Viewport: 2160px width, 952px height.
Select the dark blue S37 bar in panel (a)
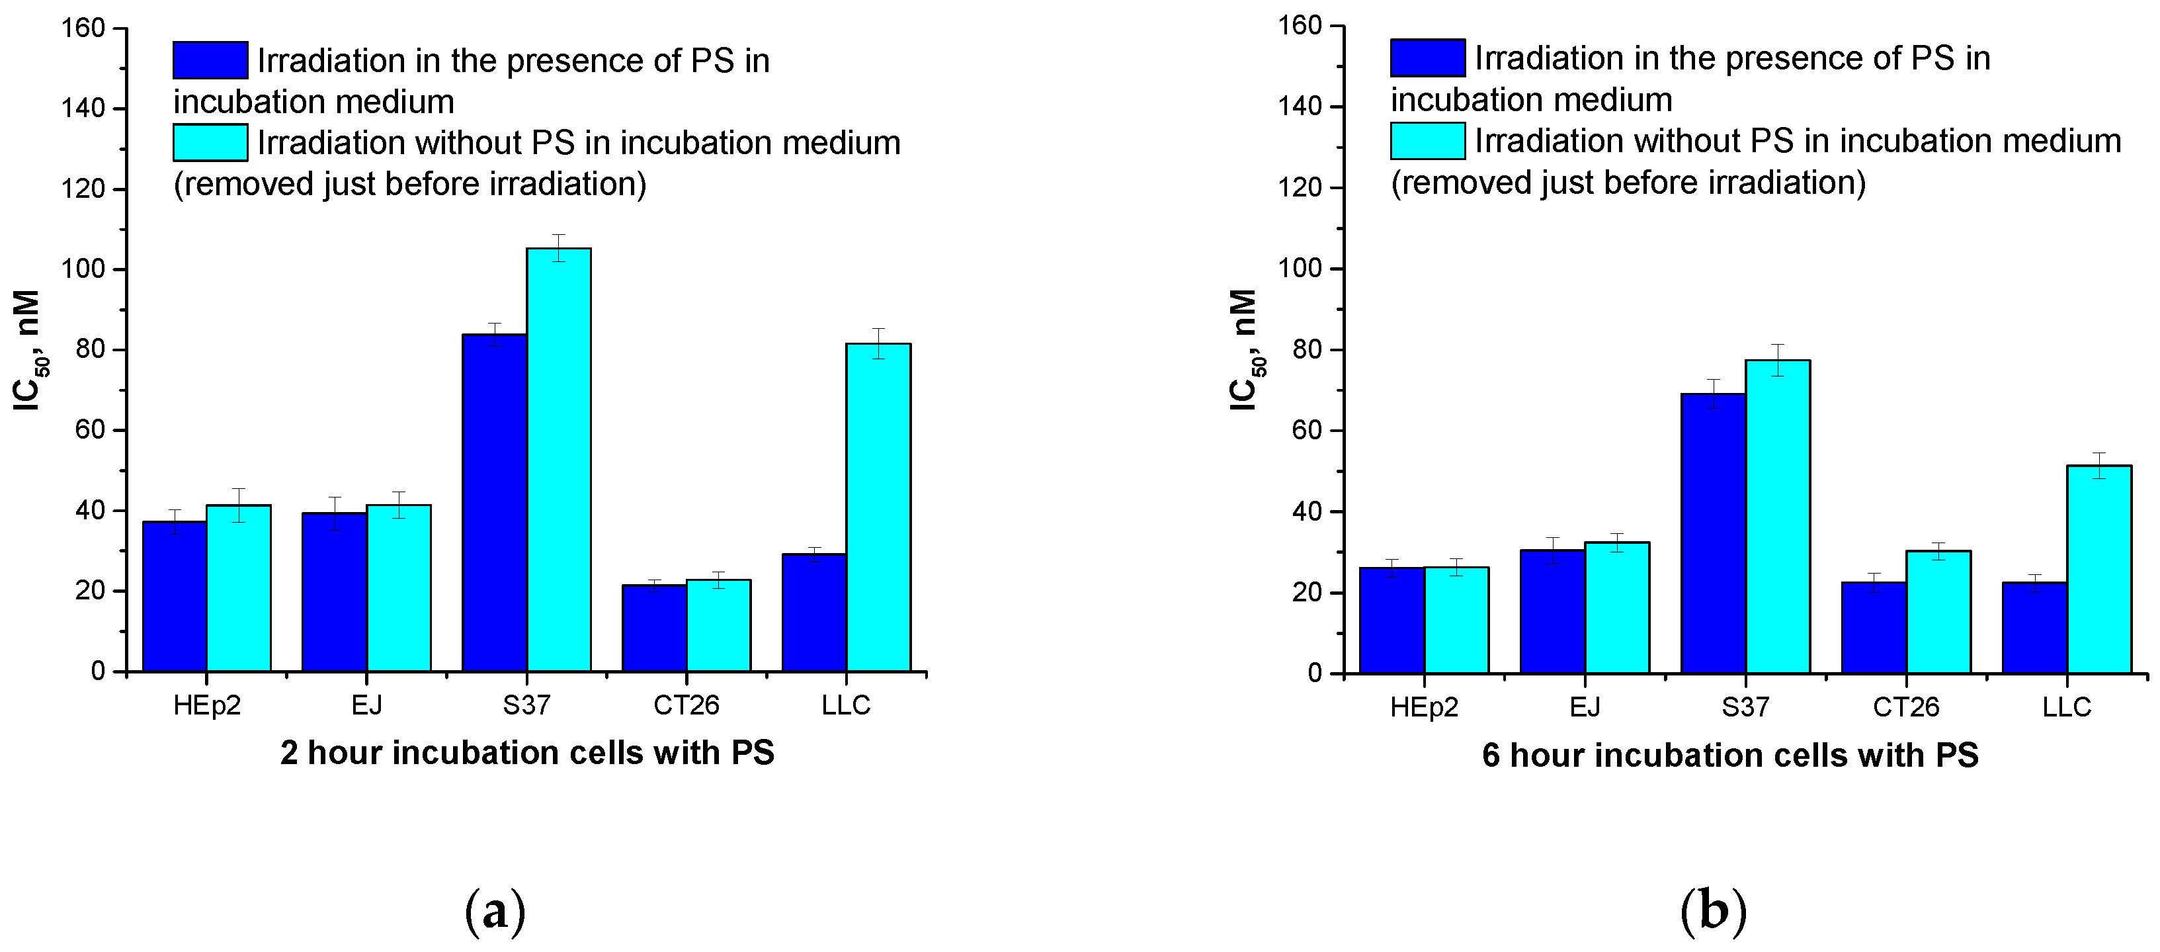(x=494, y=503)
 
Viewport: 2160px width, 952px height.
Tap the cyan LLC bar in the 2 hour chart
(x=878, y=507)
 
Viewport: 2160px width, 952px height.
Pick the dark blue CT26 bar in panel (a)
(x=654, y=628)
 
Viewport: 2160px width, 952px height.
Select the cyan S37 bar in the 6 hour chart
(x=1778, y=517)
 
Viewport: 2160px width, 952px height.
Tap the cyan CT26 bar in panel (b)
(x=1938, y=613)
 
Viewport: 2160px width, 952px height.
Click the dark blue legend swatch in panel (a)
(x=210, y=60)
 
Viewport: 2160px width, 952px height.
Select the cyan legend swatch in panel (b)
(x=1427, y=141)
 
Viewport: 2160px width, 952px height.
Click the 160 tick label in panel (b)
(x=1300, y=26)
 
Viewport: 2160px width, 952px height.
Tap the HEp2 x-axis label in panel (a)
(x=206, y=705)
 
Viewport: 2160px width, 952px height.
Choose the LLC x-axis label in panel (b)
(x=2066, y=707)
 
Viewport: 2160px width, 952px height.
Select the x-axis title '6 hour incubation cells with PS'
(x=1730, y=756)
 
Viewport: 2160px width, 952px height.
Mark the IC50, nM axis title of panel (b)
(x=1245, y=350)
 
